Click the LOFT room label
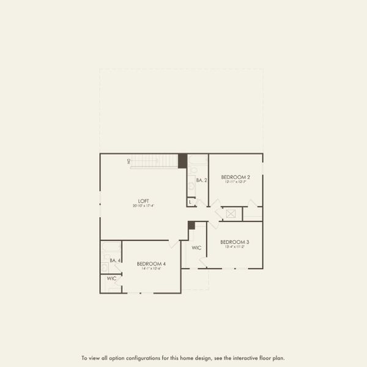click(143, 201)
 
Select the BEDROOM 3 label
click(235, 242)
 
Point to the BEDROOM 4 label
click(151, 264)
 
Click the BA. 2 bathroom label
click(202, 180)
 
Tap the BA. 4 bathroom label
click(114, 261)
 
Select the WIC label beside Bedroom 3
click(196, 248)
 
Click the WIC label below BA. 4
click(111, 279)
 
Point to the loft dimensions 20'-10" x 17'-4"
click(143, 206)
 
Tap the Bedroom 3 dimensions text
click(235, 248)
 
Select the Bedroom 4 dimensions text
click(151, 269)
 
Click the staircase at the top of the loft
click(155, 161)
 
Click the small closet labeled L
click(191, 201)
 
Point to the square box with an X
click(232, 214)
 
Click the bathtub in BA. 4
click(111, 247)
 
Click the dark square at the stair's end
click(182, 161)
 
